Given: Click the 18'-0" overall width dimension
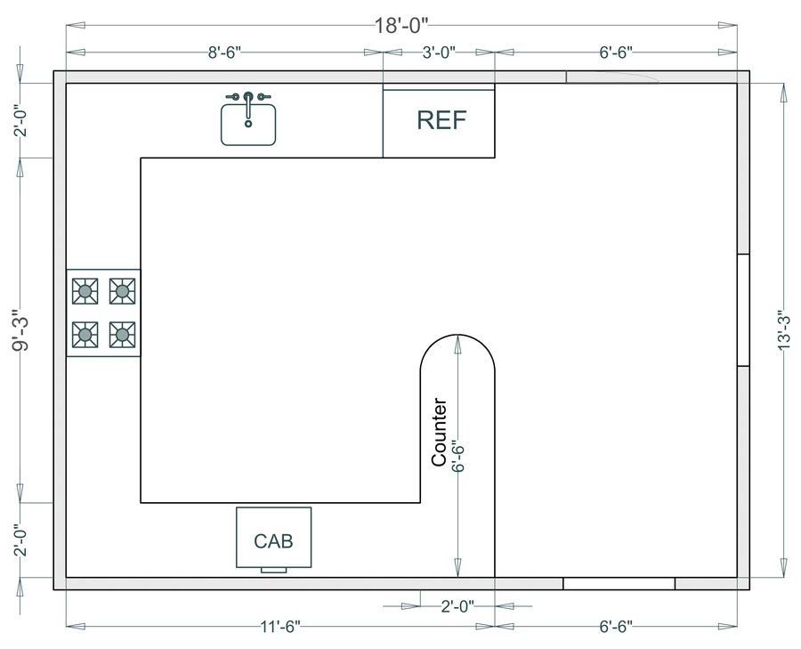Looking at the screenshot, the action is click(401, 25).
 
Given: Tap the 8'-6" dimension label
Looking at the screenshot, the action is click(224, 53).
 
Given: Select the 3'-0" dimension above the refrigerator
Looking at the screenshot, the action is click(439, 53).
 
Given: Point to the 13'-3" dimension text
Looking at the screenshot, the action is click(784, 330).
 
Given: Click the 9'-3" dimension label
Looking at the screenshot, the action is click(21, 330).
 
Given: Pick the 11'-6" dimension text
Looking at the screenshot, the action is click(280, 627).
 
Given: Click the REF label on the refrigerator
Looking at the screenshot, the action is click(441, 119).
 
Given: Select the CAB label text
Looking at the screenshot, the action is click(273, 541).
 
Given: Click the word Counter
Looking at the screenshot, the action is click(440, 433).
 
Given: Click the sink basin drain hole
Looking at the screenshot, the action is click(248, 124).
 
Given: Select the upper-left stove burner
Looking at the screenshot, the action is click(85, 291).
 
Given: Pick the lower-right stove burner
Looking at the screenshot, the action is click(123, 335).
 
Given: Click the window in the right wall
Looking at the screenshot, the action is click(743, 310).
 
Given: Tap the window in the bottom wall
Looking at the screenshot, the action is click(619, 583).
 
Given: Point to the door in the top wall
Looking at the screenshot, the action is click(612, 77).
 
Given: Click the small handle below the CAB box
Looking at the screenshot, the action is click(274, 570).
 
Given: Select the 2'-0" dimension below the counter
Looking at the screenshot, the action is click(457, 606).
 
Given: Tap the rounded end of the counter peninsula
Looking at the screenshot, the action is click(457, 335).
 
